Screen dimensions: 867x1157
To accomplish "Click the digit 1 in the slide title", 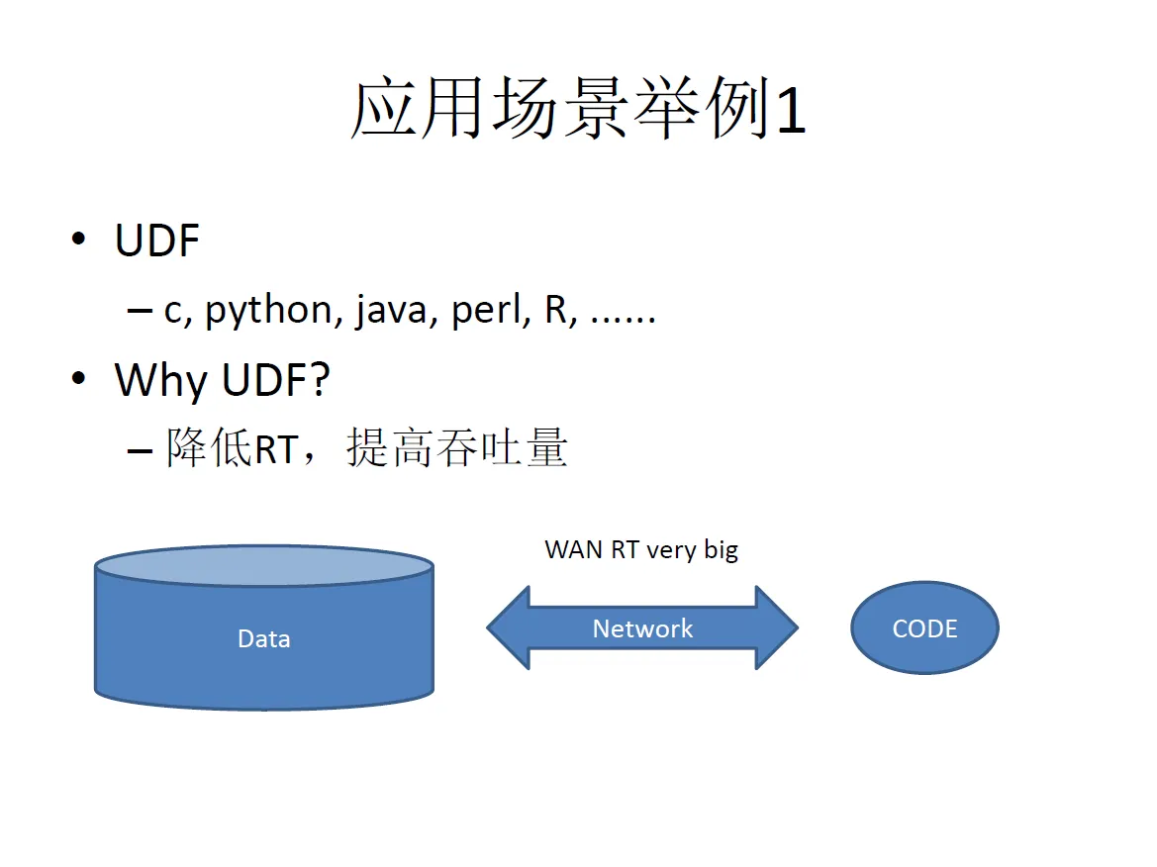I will (x=791, y=110).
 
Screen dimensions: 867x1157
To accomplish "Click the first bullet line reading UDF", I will (x=157, y=241).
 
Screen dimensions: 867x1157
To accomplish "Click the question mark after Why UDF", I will (x=318, y=380).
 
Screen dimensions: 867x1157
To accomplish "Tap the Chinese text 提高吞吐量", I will (x=456, y=449).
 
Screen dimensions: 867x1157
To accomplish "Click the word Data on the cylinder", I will (x=264, y=638).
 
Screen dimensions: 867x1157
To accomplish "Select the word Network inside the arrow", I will (x=642, y=628).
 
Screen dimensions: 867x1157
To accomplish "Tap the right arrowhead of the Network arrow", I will (x=778, y=627).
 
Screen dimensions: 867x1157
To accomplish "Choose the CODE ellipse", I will (x=924, y=628).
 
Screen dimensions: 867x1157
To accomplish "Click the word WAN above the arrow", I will (x=574, y=549).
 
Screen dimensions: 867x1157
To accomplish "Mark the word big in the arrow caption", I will (x=721, y=550).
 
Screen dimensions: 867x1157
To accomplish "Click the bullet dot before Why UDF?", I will (x=79, y=380).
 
